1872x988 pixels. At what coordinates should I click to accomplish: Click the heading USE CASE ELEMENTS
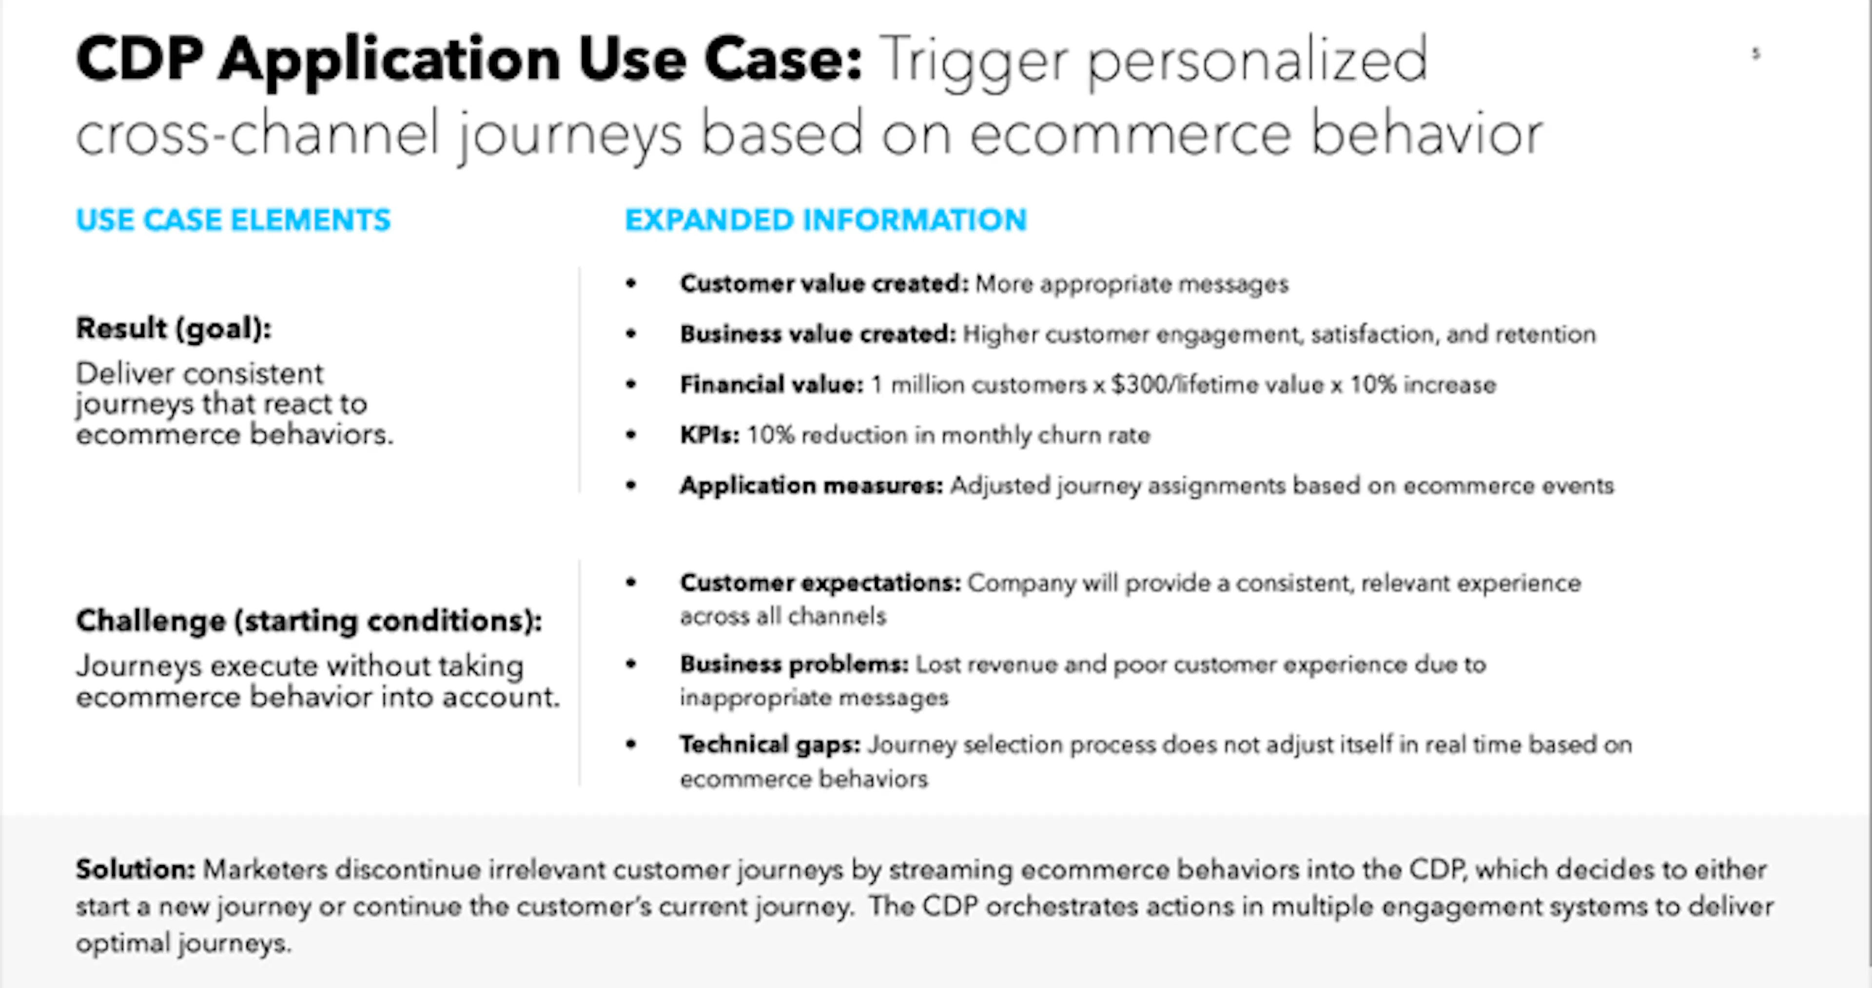pos(234,219)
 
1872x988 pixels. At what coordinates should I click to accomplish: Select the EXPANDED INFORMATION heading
pos(825,219)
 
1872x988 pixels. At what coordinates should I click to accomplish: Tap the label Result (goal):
pos(174,329)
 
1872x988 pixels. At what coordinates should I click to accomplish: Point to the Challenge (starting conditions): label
pos(309,621)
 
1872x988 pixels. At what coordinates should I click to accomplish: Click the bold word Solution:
pos(135,869)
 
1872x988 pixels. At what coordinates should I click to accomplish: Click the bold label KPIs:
pos(709,435)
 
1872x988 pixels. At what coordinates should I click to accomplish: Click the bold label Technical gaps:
pos(770,745)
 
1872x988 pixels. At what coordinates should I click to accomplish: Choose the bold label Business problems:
pos(794,664)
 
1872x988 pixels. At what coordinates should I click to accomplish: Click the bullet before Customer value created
pos(631,283)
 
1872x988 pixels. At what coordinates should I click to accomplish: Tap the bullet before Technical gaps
pos(631,744)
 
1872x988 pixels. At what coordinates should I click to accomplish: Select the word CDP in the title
pos(139,59)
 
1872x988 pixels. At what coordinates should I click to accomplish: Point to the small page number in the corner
pos(1756,53)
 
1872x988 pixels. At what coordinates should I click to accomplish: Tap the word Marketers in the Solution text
pos(265,869)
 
